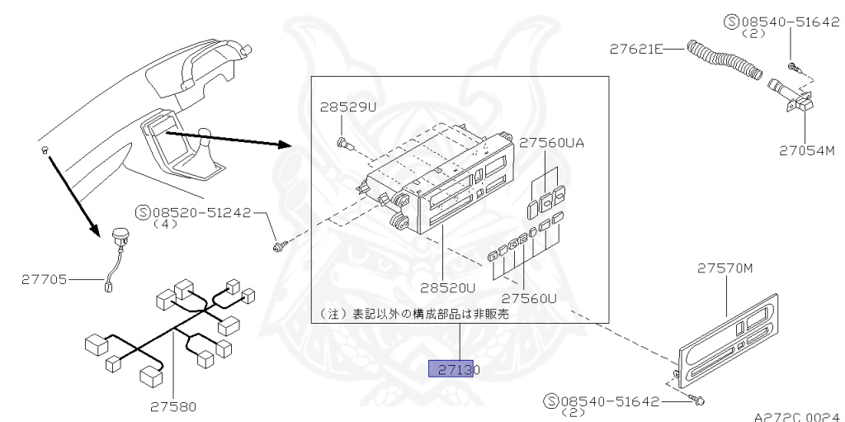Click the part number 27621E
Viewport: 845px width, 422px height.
tap(636, 50)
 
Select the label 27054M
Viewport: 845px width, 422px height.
tap(807, 150)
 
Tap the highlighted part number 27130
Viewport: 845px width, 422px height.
tap(453, 369)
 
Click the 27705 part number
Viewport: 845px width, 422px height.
tap(45, 280)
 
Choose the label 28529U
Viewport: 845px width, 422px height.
tap(348, 108)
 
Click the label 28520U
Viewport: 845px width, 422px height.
tap(448, 288)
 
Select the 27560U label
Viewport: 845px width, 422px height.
tap(529, 297)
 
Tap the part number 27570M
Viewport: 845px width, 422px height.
tap(725, 268)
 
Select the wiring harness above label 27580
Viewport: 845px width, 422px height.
tap(169, 330)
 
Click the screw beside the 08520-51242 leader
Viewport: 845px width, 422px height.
tap(281, 244)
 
